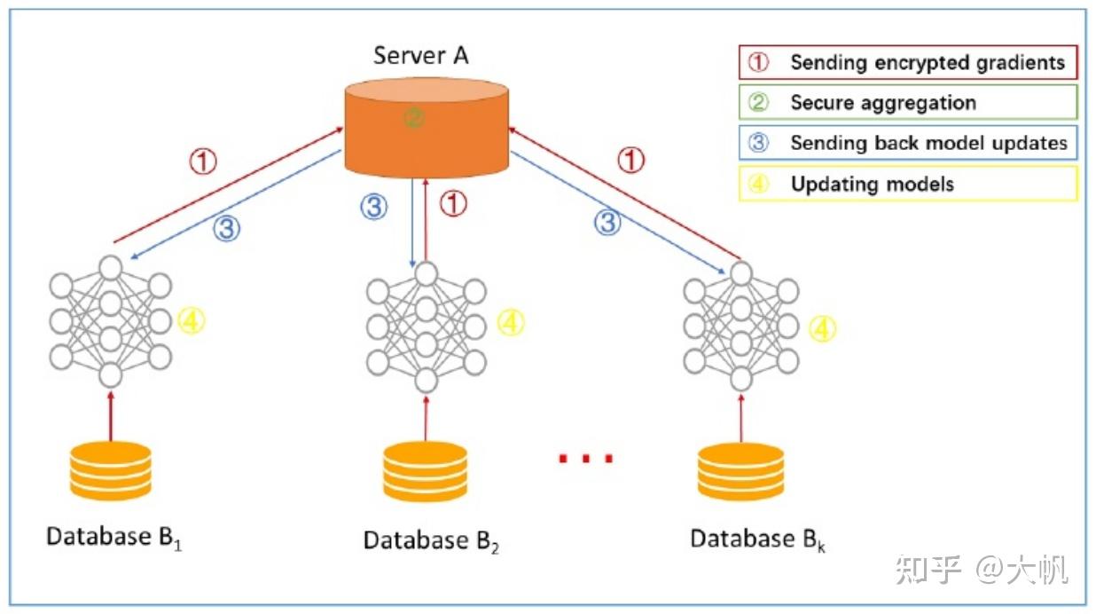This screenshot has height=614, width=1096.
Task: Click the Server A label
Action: [x=421, y=55]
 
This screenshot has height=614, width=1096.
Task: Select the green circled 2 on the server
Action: [x=414, y=118]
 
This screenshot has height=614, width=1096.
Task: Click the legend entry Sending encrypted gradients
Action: [x=908, y=62]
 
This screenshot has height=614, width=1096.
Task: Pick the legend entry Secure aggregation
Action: [x=908, y=102]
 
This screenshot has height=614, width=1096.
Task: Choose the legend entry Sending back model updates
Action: [x=908, y=143]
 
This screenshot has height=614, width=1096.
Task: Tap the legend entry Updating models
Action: [x=908, y=184]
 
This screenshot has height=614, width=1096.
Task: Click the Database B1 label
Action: [x=114, y=539]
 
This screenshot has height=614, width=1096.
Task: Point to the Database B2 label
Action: [x=431, y=541]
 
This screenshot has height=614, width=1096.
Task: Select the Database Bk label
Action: [x=758, y=539]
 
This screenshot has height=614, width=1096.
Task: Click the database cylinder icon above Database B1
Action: [x=111, y=470]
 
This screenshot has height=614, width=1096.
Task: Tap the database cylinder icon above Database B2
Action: [x=426, y=471]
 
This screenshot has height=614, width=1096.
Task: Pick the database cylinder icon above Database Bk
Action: [x=740, y=471]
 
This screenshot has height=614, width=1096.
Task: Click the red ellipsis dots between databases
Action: [x=585, y=459]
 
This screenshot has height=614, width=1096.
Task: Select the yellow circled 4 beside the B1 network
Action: [x=191, y=320]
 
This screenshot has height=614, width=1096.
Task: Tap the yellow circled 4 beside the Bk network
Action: [x=823, y=328]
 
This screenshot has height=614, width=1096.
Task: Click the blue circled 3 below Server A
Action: [x=374, y=207]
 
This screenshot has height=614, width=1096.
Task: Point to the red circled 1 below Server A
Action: [x=453, y=203]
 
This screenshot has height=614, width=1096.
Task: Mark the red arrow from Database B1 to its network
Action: [x=111, y=416]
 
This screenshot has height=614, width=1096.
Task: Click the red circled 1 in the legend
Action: [x=758, y=62]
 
